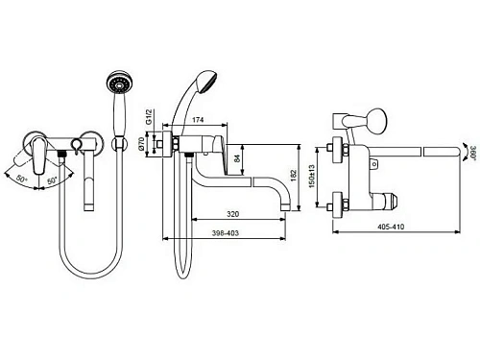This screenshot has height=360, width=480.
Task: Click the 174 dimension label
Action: [198, 120]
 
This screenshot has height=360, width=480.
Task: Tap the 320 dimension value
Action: [232, 214]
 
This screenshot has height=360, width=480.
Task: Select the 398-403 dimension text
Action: [226, 233]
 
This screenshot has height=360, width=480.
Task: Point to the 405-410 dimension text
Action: [391, 227]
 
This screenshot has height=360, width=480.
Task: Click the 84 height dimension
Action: [237, 158]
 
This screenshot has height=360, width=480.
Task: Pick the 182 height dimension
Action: [294, 176]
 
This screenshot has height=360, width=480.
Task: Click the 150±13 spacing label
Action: [312, 176]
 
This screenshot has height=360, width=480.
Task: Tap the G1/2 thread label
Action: [149, 117]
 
